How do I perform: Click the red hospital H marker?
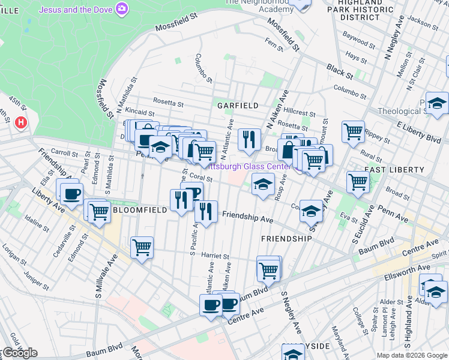coord(22,123)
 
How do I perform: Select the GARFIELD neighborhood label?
coord(238,106)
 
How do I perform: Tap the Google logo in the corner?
coord(20,353)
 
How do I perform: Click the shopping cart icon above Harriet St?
coord(142,246)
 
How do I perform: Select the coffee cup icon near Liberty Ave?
coord(71,193)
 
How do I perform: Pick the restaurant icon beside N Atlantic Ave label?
coord(247,139)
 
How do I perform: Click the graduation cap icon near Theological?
coord(437,103)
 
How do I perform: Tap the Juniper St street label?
coord(37,277)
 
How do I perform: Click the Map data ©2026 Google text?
coord(411,355)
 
